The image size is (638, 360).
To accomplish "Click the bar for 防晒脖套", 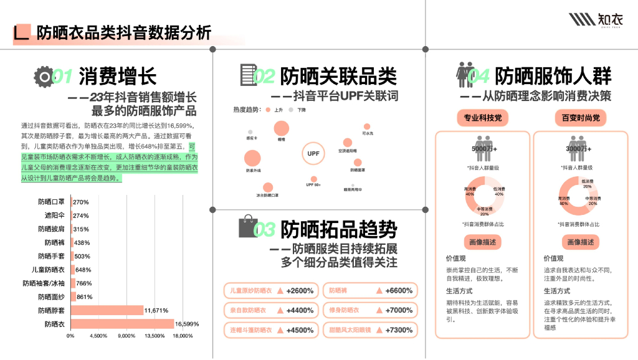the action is (107, 310).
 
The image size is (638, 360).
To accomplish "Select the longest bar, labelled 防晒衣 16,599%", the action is (122, 324).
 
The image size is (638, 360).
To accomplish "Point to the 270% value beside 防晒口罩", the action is (81, 202).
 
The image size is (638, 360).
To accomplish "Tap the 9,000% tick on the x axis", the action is (126, 336).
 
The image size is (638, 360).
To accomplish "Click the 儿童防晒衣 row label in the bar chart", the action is (48, 270).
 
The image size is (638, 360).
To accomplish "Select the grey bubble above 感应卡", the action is (250, 132).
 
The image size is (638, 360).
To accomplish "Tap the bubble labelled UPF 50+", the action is (313, 177).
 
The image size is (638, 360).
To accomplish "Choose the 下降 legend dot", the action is (292, 110).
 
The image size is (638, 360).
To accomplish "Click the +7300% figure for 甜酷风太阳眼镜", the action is (399, 329).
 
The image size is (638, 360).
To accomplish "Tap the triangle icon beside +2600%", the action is (281, 291).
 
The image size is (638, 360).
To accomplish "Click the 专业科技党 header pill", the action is (482, 118).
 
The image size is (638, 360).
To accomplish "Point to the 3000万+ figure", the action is (577, 149).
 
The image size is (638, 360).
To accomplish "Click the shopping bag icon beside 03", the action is (248, 227).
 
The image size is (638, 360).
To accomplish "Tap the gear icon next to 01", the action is (44, 76).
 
